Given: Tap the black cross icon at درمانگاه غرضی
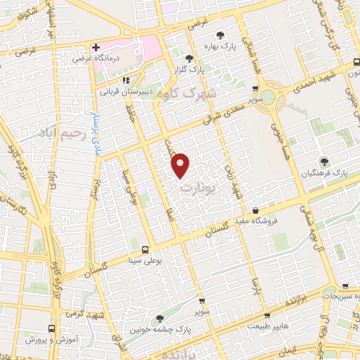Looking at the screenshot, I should point(96,47).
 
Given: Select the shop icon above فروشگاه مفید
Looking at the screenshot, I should point(255,210).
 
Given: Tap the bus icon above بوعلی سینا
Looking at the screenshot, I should point(146,249).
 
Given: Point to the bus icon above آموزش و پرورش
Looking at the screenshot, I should point(51,328).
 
